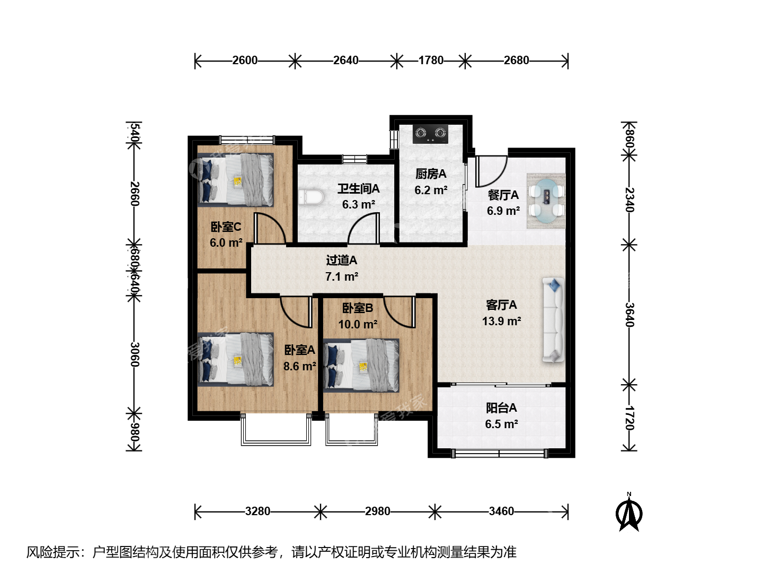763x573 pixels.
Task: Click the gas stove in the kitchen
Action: (430, 134)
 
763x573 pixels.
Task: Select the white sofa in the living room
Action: (553, 320)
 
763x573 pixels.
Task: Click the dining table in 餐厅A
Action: (546, 201)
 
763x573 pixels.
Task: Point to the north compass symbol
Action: (629, 513)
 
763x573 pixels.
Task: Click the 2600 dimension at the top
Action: (245, 60)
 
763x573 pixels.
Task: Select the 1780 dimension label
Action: (431, 60)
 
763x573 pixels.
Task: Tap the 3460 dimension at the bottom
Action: (501, 511)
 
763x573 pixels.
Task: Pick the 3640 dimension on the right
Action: (629, 315)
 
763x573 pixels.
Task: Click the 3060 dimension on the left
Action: (135, 354)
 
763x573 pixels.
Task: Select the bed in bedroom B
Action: (361, 366)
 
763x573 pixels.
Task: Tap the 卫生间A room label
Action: (358, 189)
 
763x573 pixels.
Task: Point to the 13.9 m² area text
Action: (501, 321)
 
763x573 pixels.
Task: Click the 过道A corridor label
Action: (341, 260)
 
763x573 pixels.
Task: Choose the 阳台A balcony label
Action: (501, 408)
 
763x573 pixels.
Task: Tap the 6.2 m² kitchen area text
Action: (431, 190)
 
